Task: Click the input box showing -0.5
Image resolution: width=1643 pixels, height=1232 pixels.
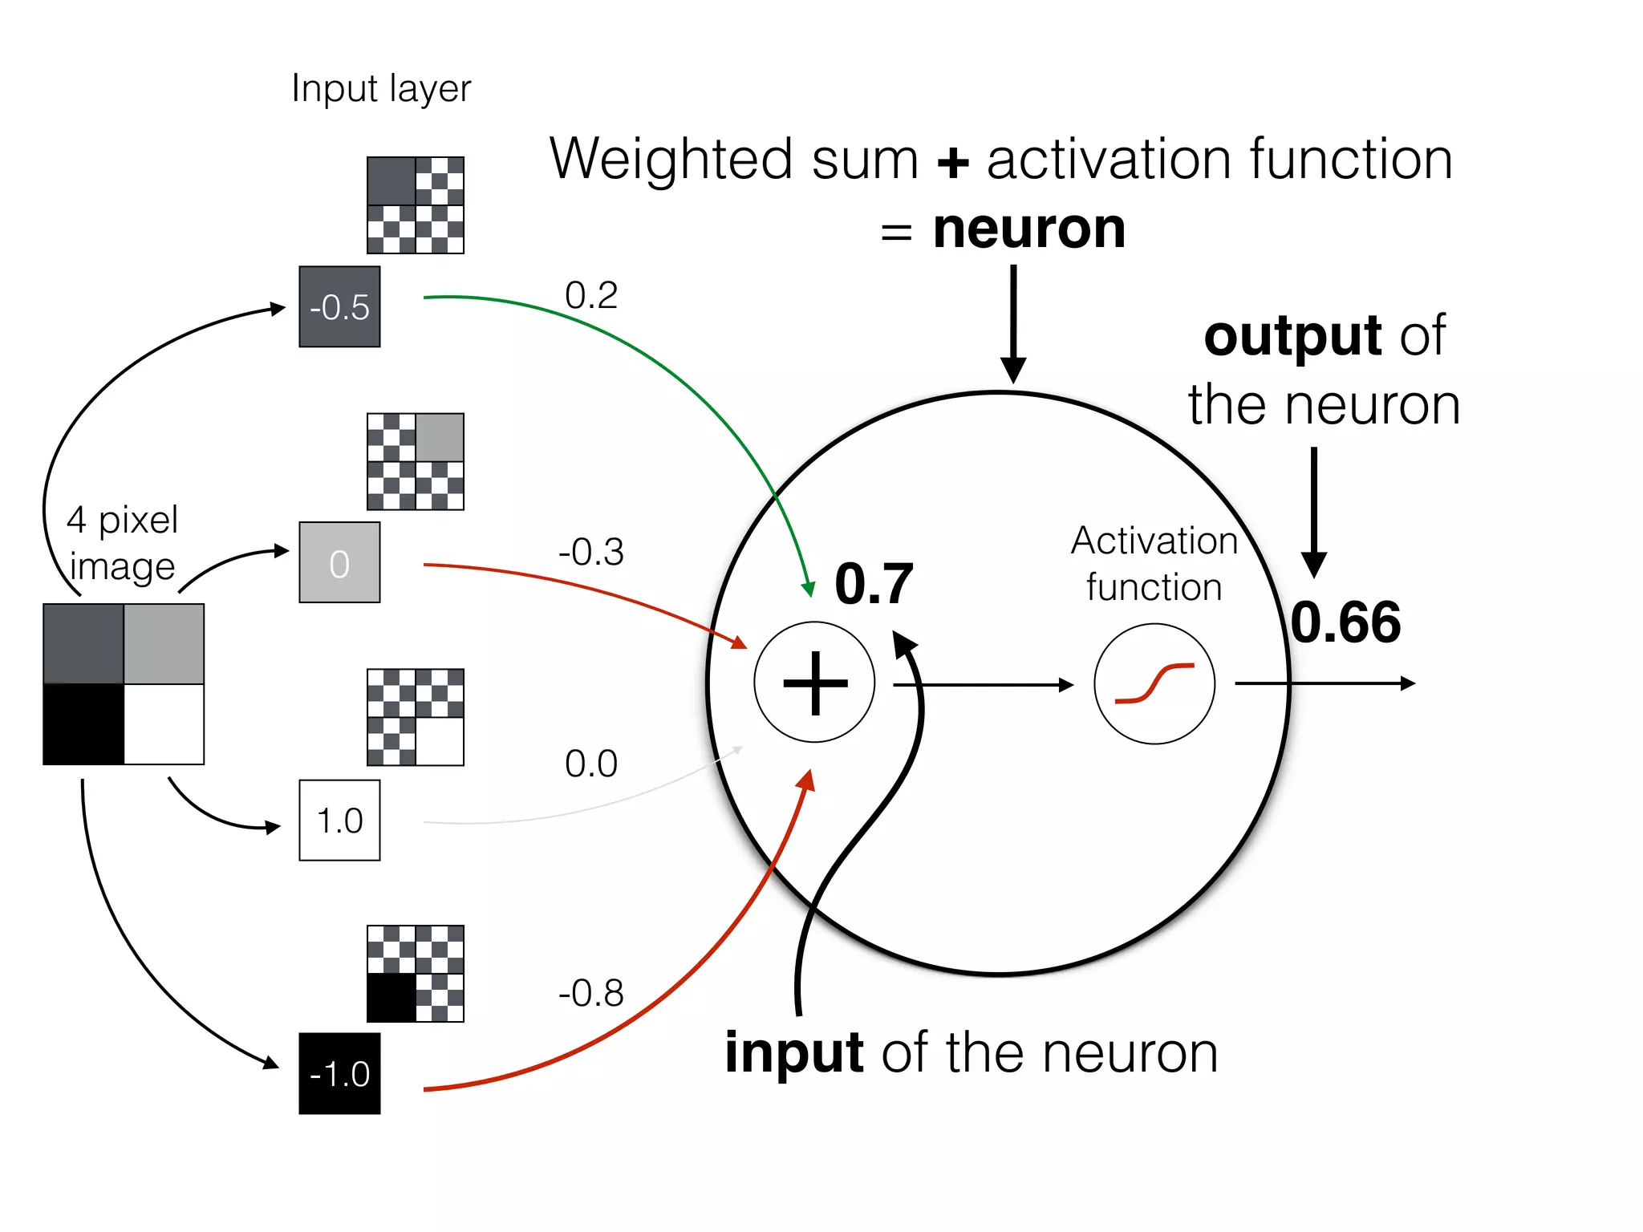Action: click(x=339, y=307)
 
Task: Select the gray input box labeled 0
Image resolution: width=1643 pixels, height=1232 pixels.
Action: click(x=339, y=563)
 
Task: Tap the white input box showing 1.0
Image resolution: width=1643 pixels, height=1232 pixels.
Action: click(x=339, y=821)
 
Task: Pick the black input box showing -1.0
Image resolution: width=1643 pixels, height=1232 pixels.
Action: click(x=339, y=1074)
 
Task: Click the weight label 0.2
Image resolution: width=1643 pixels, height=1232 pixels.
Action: click(x=591, y=295)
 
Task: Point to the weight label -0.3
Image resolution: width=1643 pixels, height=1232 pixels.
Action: click(x=591, y=552)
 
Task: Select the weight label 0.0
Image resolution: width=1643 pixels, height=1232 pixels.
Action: click(x=591, y=764)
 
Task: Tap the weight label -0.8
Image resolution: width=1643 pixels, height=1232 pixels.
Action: click(x=591, y=993)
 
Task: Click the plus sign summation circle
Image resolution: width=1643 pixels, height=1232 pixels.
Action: click(x=814, y=683)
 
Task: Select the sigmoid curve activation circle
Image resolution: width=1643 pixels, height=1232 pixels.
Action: click(x=1154, y=683)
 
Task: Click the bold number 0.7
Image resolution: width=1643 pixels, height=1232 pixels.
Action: click(x=874, y=584)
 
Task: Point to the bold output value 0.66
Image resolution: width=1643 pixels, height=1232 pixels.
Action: click(x=1346, y=622)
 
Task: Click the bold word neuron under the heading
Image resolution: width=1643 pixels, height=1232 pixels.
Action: click(x=1029, y=229)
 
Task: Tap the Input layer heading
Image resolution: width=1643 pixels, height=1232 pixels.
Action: click(x=381, y=89)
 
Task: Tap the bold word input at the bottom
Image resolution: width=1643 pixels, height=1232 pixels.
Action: click(x=794, y=1052)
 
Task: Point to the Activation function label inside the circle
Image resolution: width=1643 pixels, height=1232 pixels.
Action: click(x=1154, y=564)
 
